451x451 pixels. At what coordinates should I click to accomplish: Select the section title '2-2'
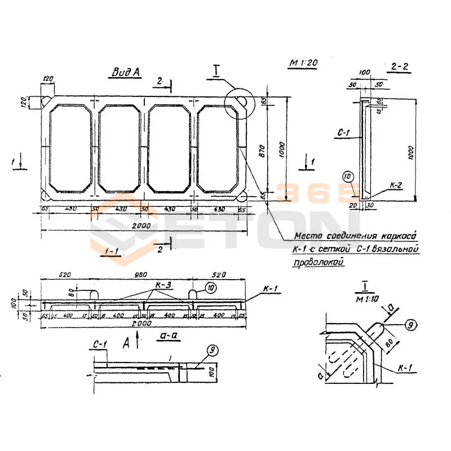click(x=399, y=67)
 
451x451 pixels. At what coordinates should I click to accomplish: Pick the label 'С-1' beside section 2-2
click(x=344, y=134)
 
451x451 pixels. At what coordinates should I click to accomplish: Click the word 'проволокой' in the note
click(x=319, y=262)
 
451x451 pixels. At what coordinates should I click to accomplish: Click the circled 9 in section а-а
click(x=211, y=350)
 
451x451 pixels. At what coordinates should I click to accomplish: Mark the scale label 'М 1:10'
click(x=367, y=298)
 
